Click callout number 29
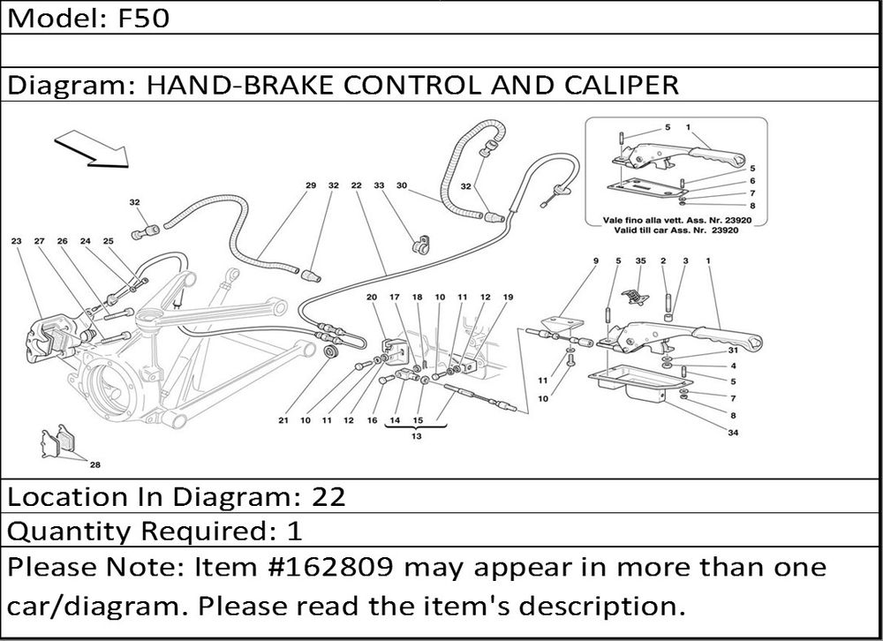(311, 185)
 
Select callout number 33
(379, 185)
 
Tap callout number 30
(401, 185)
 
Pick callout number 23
(16, 241)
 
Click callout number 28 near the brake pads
(94, 464)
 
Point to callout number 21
(283, 421)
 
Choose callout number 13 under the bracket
(416, 436)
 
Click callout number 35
(640, 261)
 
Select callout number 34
(733, 433)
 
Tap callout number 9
(595, 261)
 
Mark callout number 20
(372, 298)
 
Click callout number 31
(733, 351)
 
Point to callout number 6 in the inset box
(751, 180)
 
